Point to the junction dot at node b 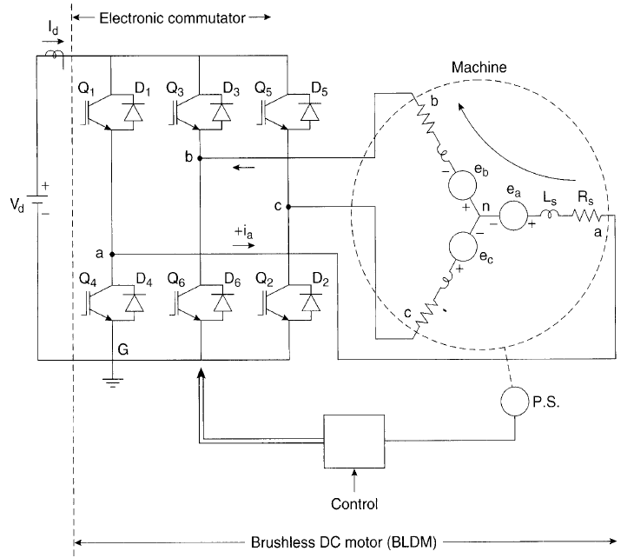[x=200, y=158]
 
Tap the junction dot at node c [x=287, y=207]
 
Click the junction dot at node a [x=113, y=254]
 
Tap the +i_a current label [x=243, y=233]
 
